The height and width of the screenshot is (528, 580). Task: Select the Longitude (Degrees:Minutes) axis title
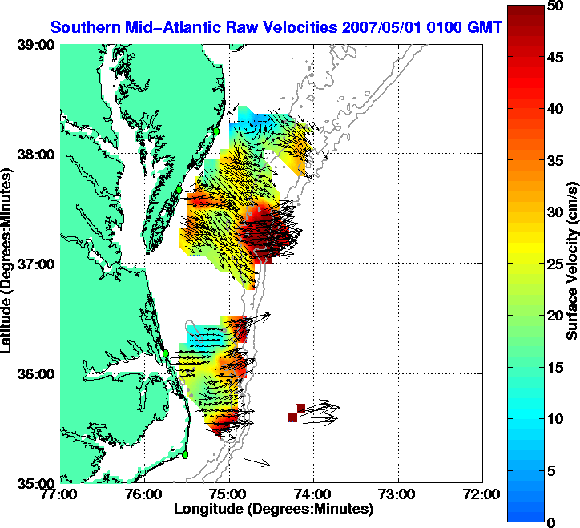(272, 508)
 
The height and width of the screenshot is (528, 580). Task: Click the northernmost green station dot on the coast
(215, 131)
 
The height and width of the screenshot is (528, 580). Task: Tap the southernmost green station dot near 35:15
(184, 455)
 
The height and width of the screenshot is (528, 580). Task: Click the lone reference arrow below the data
(257, 462)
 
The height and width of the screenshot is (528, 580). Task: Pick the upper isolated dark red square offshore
(300, 408)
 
